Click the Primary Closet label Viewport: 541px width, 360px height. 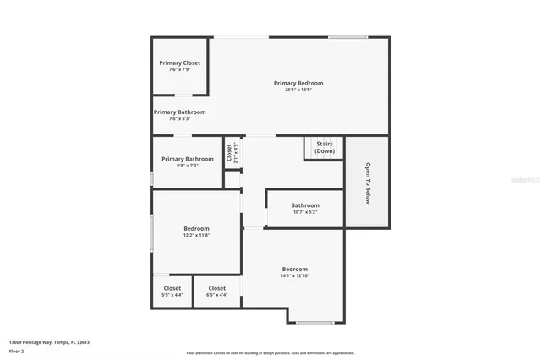coord(180,63)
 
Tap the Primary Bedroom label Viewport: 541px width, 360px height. coord(298,83)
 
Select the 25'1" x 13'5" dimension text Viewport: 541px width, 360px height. coord(298,90)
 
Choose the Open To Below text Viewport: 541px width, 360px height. coord(368,183)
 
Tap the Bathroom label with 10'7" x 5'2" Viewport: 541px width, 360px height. coord(305,205)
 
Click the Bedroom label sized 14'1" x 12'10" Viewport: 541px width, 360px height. coord(295,269)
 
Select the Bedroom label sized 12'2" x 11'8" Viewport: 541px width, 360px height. coord(196,228)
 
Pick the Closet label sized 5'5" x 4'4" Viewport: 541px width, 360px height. coord(172,288)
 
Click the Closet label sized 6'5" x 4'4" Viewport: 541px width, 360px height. coord(217,288)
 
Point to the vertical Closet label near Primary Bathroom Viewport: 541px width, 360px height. coord(229,152)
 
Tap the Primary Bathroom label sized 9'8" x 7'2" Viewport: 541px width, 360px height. coord(188,159)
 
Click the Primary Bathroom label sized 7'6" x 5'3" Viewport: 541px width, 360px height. coord(179,112)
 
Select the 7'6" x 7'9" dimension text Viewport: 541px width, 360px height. coord(180,69)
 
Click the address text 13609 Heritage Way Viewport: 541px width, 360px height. coord(49,342)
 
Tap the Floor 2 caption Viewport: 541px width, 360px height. coord(17,350)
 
